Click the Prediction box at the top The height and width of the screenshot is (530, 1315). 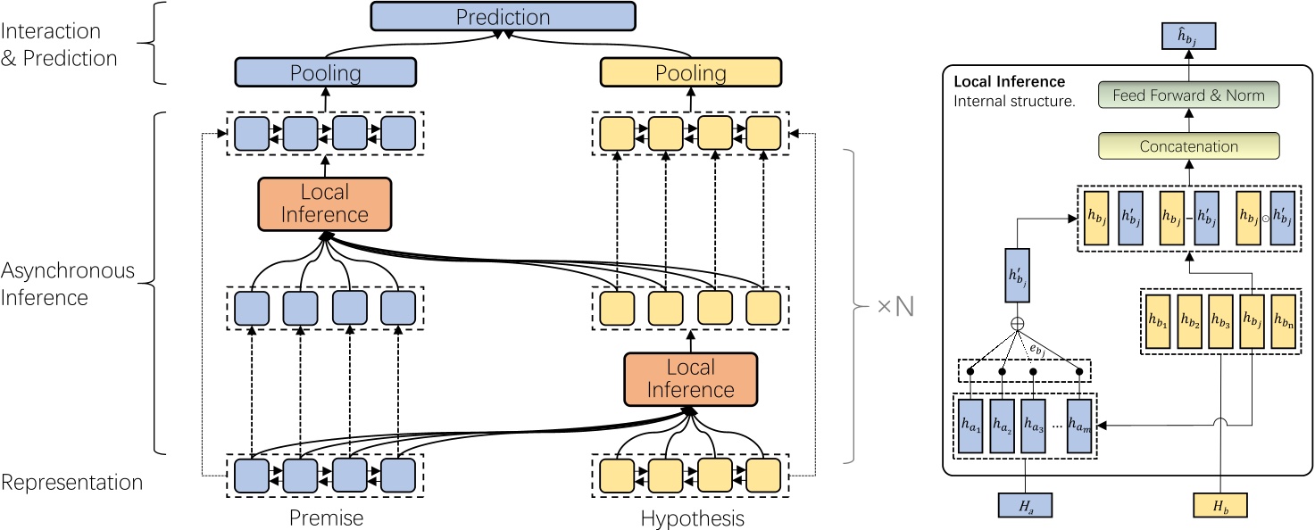click(x=503, y=17)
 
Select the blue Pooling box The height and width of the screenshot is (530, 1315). click(x=325, y=72)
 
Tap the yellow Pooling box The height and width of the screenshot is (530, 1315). click(x=690, y=72)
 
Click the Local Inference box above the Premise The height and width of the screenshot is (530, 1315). click(x=325, y=203)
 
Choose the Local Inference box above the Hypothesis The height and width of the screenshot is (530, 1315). click(x=690, y=379)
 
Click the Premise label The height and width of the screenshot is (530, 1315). click(x=325, y=518)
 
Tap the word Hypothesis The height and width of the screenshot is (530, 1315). click(x=691, y=518)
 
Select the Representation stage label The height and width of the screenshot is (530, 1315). click(x=72, y=483)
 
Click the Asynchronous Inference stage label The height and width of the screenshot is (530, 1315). click(x=68, y=283)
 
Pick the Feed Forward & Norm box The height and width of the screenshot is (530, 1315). click(x=1187, y=95)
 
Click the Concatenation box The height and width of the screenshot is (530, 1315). click(x=1187, y=146)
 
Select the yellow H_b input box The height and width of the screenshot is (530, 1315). click(x=1219, y=506)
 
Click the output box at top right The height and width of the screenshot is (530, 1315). click(x=1187, y=37)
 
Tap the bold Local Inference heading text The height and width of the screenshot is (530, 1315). click(x=1010, y=82)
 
